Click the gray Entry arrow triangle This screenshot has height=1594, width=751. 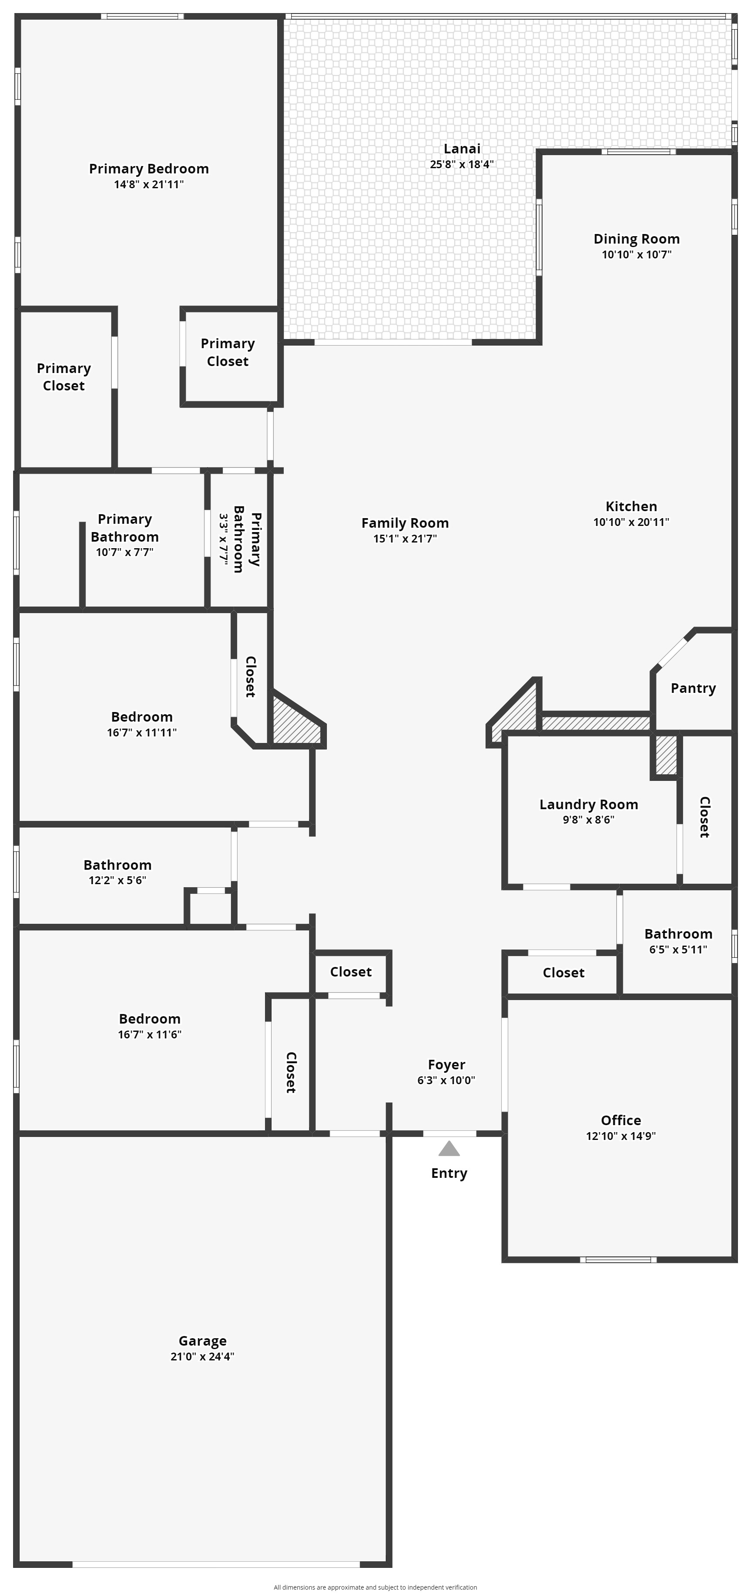click(x=449, y=1149)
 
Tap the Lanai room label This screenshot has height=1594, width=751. click(x=462, y=149)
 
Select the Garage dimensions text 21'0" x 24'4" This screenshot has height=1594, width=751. click(x=202, y=1357)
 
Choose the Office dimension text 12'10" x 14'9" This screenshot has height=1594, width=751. click(x=621, y=1136)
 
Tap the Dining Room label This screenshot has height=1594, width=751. click(x=636, y=239)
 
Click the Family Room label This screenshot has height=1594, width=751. click(x=405, y=523)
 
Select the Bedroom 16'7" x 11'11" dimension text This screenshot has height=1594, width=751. click(x=142, y=733)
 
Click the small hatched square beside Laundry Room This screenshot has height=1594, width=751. click(x=666, y=754)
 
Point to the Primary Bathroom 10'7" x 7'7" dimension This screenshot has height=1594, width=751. click(x=125, y=553)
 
